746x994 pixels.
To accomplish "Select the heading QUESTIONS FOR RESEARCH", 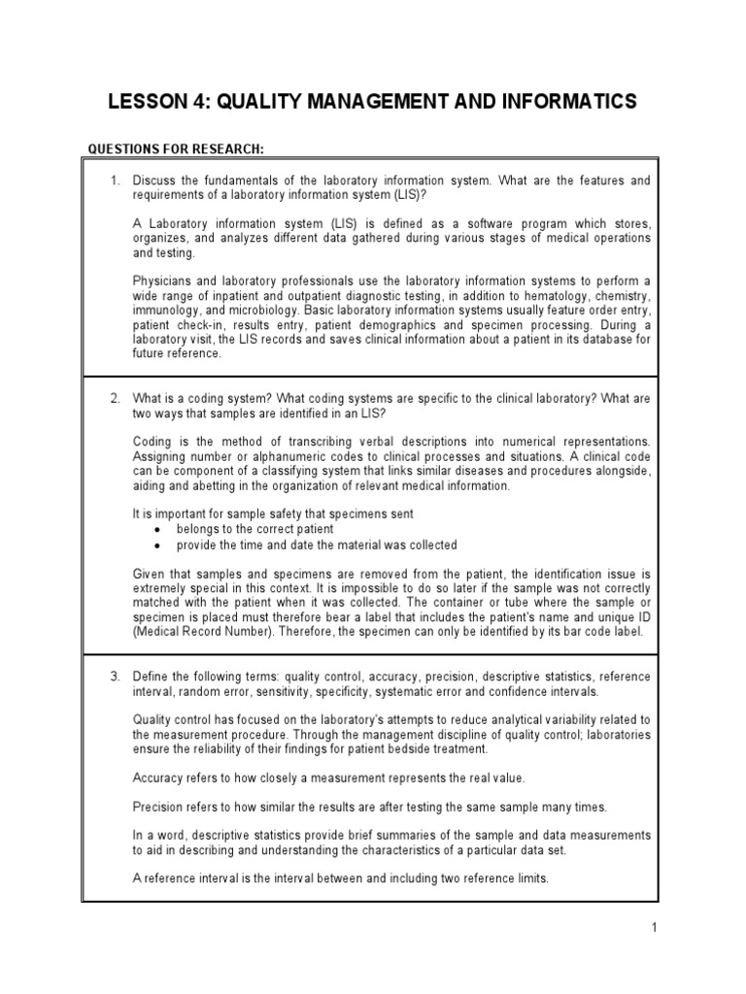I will point(176,149).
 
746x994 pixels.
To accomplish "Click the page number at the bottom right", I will point(655,928).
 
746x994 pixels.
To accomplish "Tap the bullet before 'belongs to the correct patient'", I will point(157,530).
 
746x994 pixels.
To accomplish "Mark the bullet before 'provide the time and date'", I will point(157,546).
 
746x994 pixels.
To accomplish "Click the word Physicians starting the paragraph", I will point(160,282).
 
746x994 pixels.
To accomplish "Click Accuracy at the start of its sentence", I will point(158,779).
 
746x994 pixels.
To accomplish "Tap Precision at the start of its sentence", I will point(158,807).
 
